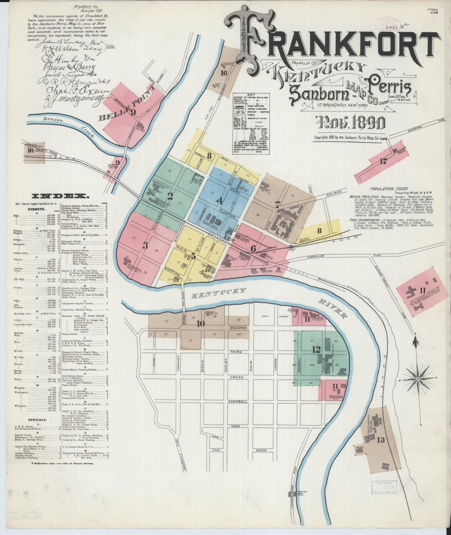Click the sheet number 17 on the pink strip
(383, 162)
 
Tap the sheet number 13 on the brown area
(380, 440)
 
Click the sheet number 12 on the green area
(316, 349)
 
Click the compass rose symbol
(418, 379)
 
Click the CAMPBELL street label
(238, 401)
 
